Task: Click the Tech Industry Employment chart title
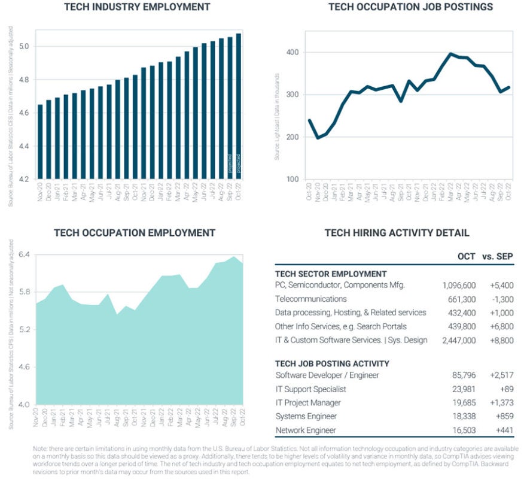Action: (x=137, y=7)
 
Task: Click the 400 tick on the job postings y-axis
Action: (x=291, y=53)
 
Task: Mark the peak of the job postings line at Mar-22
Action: (x=450, y=54)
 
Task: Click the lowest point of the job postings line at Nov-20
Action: (x=318, y=138)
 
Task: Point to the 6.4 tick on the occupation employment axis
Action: (x=25, y=255)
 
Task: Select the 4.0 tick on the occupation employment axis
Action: (x=25, y=405)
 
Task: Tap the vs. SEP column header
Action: (x=497, y=256)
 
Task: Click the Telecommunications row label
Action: (x=310, y=299)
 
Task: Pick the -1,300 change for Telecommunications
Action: (x=501, y=299)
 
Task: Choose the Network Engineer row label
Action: (x=306, y=431)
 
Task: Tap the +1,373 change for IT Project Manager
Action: (x=500, y=403)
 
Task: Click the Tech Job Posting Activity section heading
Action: (x=332, y=363)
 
